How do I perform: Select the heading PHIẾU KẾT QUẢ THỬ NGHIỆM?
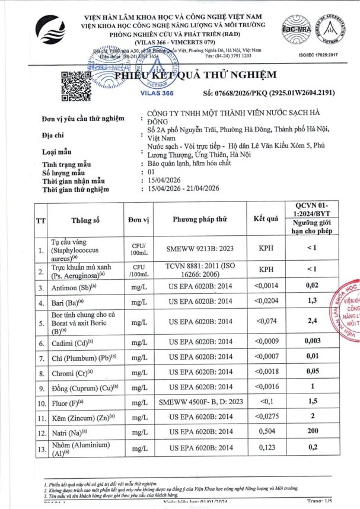(x=196, y=75)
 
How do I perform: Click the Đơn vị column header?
(x=141, y=220)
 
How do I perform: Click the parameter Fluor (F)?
(x=68, y=402)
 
